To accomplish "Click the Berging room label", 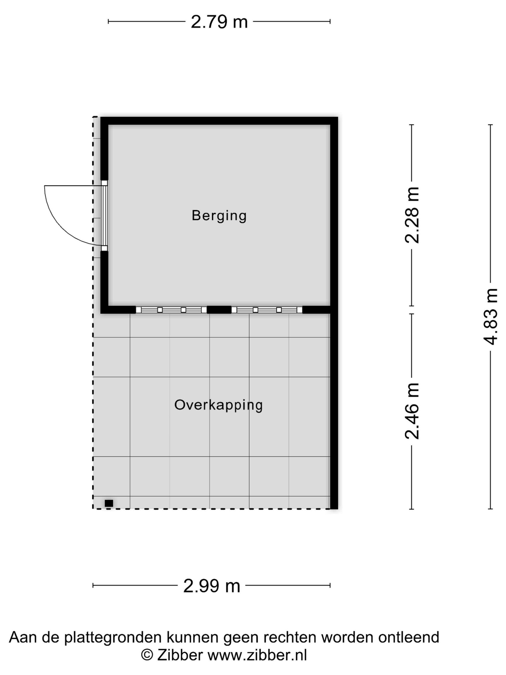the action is (x=219, y=216).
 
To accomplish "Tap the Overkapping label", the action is (x=218, y=405).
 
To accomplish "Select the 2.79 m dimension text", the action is (x=219, y=22).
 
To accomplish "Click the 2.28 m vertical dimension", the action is (x=412, y=215).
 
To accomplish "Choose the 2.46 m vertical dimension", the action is (x=412, y=411).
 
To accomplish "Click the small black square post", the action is (x=109, y=503).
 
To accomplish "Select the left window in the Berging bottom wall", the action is (x=171, y=310).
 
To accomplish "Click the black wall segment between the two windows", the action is (x=219, y=310).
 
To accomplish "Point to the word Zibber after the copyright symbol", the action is (x=180, y=654).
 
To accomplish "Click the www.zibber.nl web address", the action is (x=257, y=654).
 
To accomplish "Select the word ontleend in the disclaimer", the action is (x=408, y=637).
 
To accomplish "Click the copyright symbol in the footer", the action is (x=147, y=655).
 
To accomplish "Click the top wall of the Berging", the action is (x=219, y=121).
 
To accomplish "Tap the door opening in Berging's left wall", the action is (x=104, y=216).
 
